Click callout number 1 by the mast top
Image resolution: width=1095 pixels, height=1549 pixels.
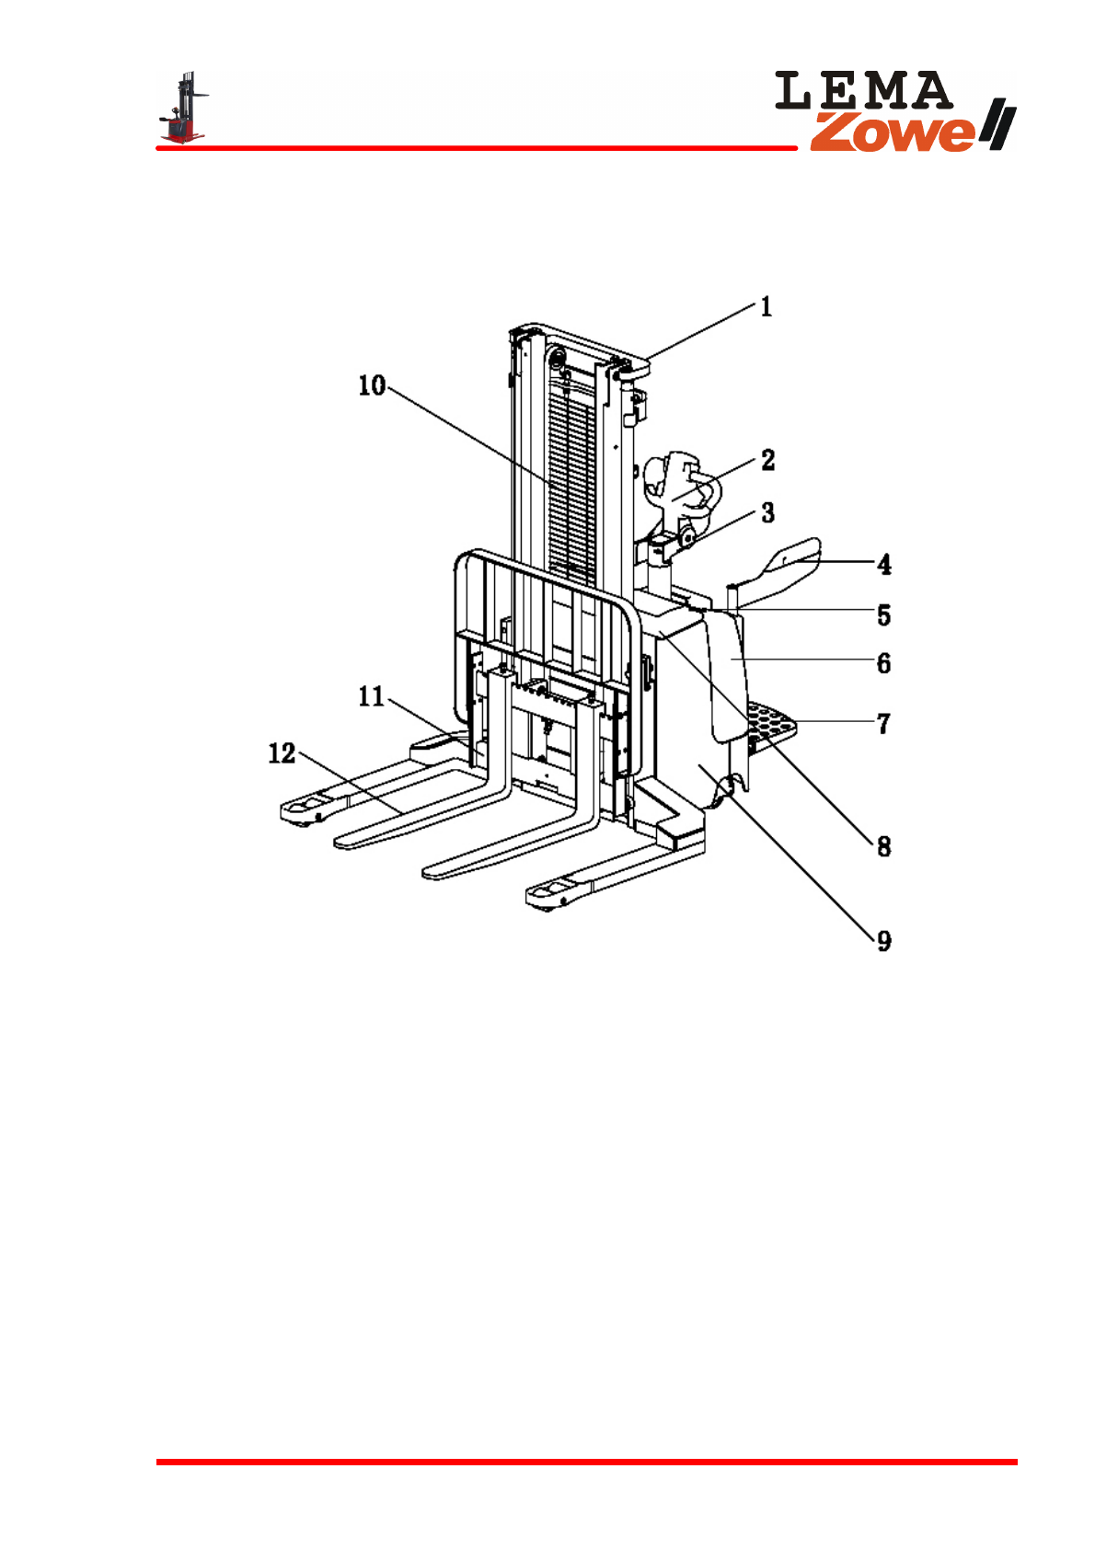pos(766,306)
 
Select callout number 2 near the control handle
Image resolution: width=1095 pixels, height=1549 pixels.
pos(767,460)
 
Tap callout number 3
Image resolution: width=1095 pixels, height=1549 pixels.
pos(767,512)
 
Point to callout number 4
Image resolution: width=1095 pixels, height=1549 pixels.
pos(884,564)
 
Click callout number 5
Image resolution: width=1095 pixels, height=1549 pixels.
pos(884,615)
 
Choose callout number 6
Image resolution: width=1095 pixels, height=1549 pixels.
pos(884,663)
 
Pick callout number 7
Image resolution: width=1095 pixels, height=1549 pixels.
pos(884,724)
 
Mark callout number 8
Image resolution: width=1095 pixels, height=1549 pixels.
pos(884,846)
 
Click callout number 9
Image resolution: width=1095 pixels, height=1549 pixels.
pos(884,940)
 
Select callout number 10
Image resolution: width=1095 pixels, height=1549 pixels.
pos(372,385)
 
